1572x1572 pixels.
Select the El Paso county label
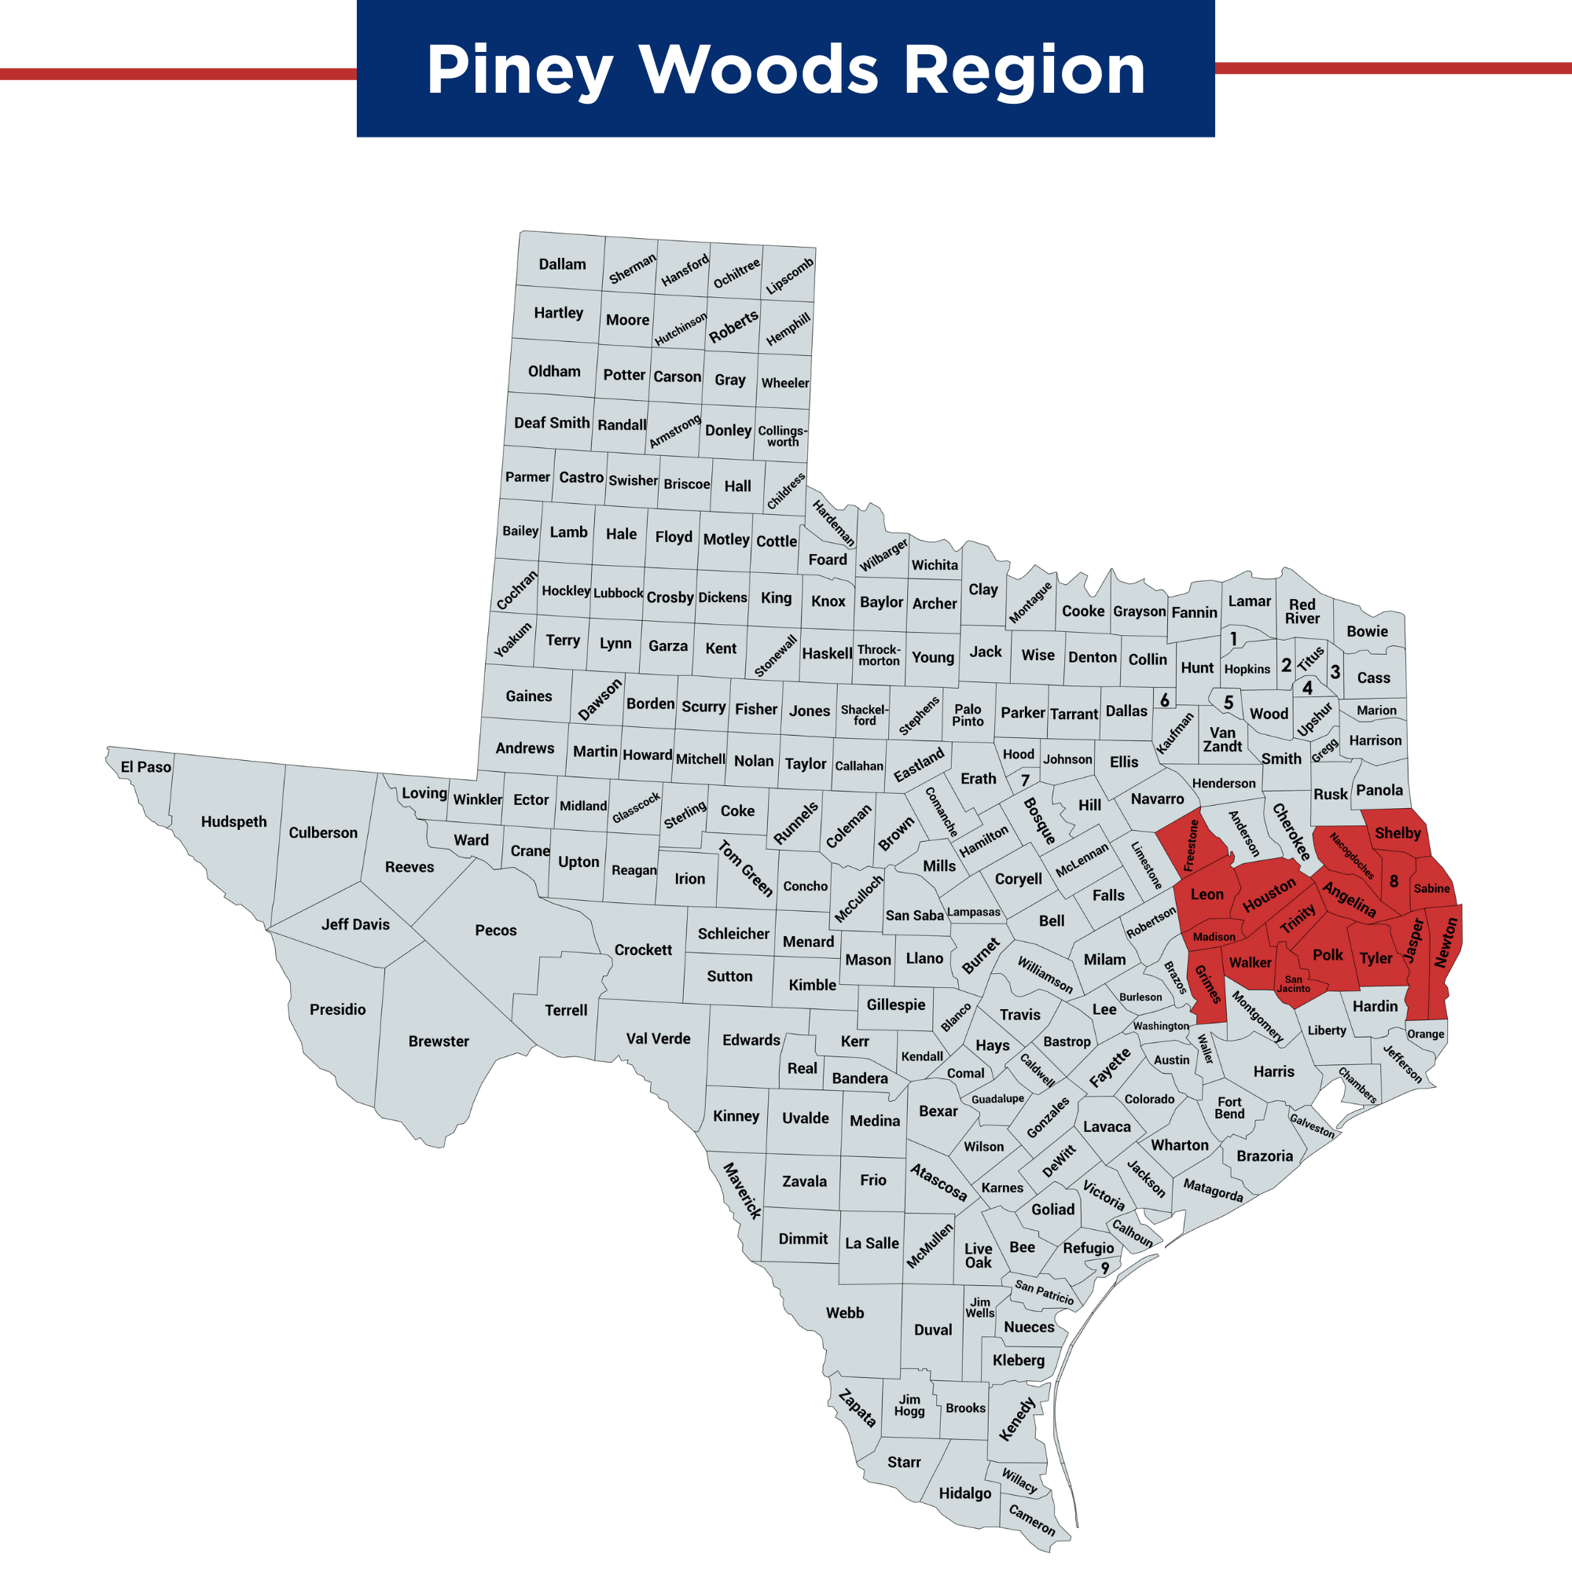(x=145, y=766)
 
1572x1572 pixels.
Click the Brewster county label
(x=439, y=1041)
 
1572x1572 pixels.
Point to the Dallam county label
(x=562, y=263)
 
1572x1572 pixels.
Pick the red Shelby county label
(x=1398, y=832)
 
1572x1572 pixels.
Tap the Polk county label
(x=1328, y=954)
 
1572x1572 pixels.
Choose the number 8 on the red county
(x=1394, y=881)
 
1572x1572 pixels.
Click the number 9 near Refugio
(x=1105, y=1268)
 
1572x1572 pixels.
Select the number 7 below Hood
(x=1025, y=780)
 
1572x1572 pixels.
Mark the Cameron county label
(x=1032, y=1520)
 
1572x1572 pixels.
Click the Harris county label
(x=1273, y=1071)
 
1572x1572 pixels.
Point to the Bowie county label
(x=1367, y=630)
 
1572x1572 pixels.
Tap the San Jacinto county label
(x=1294, y=984)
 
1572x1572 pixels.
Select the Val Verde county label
(x=658, y=1038)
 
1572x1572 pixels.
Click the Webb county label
(x=845, y=1313)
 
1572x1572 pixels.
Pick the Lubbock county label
(x=619, y=593)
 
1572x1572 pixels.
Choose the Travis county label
(x=1019, y=1015)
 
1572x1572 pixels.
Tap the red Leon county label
(x=1207, y=894)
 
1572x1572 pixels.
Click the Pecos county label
(x=495, y=930)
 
